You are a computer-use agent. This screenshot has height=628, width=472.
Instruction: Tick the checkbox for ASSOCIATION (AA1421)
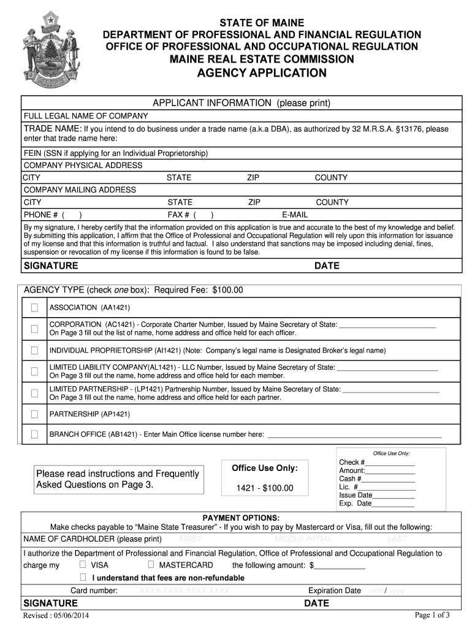click(34, 307)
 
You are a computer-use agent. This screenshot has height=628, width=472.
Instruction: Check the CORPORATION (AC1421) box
click(34, 329)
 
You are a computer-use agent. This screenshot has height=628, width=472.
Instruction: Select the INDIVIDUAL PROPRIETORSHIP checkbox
click(34, 351)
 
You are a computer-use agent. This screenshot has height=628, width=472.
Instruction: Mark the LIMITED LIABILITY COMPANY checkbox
click(34, 371)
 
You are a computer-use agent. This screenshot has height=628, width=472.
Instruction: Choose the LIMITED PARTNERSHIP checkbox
click(34, 392)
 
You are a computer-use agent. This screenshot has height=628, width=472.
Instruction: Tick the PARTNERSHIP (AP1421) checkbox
click(34, 414)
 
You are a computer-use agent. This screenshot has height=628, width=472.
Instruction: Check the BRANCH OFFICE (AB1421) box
click(34, 434)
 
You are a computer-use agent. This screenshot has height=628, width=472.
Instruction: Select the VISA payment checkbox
click(82, 564)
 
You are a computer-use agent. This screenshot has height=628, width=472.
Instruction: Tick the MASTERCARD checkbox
click(150, 564)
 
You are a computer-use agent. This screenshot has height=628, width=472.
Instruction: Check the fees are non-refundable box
click(82, 577)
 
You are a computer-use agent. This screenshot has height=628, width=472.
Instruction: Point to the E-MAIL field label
click(295, 215)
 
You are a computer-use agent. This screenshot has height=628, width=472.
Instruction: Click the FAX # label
click(179, 215)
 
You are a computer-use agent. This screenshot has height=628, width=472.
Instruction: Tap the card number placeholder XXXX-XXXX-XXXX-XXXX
click(185, 591)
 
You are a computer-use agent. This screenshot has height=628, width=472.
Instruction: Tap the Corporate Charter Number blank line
click(387, 324)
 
